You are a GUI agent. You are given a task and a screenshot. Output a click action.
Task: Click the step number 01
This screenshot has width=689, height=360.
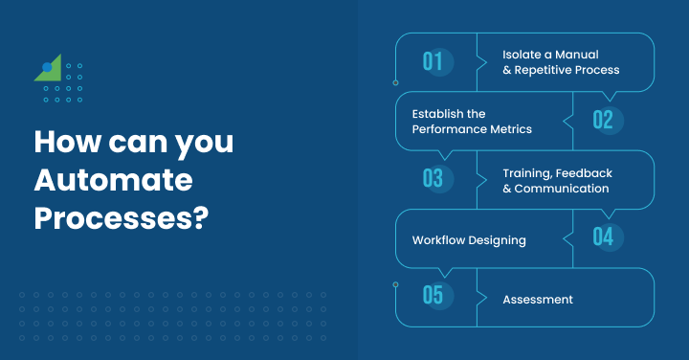coord(433,62)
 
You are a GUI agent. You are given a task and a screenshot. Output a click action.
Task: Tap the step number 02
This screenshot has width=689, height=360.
coord(602,120)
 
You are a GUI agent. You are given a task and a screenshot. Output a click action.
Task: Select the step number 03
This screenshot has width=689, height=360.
coord(433,178)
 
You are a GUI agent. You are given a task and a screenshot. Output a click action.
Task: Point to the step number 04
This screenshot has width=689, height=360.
coord(602,236)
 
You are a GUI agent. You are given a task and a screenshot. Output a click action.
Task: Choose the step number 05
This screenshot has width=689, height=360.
coord(433,295)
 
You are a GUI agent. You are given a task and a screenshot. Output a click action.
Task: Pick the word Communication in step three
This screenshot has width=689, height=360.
coord(562,189)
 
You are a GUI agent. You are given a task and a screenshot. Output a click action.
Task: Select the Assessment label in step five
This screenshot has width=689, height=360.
coord(538,300)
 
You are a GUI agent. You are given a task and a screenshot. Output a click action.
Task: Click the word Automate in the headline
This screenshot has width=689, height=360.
coord(113,180)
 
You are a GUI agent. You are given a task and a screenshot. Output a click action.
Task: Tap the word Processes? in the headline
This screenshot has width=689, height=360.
coord(122,217)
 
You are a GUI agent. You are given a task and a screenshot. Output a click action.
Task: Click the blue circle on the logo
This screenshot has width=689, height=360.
coord(47,68)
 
